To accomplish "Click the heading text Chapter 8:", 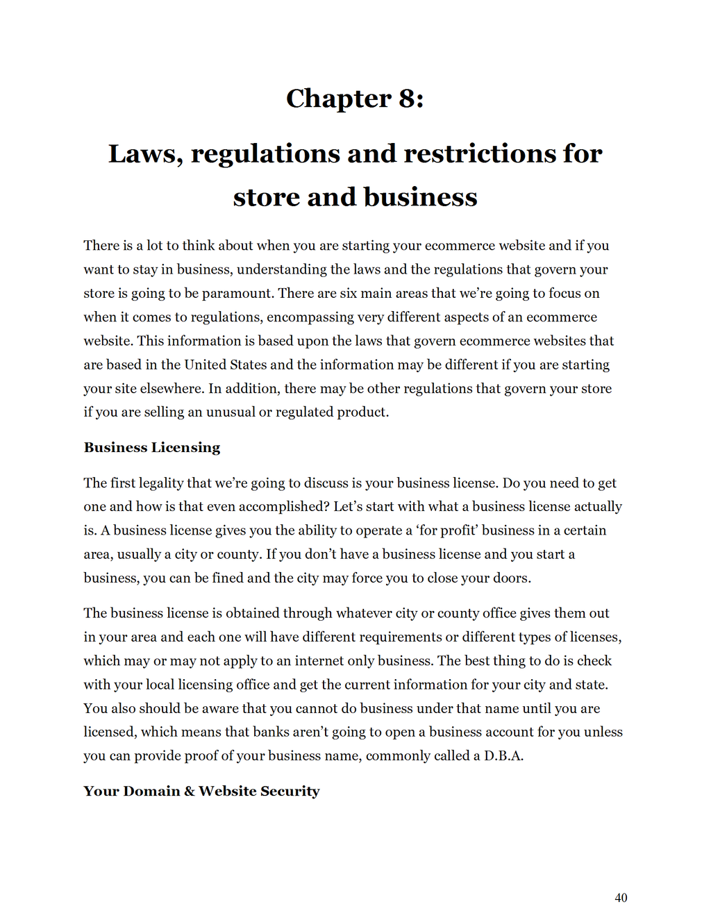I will pyautogui.click(x=355, y=99).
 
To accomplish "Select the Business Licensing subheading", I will pyautogui.click(x=152, y=448).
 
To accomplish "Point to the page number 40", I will pyautogui.click(x=621, y=898).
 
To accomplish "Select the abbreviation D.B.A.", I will pyautogui.click(x=503, y=755).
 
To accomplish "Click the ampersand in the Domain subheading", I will pyautogui.click(x=189, y=792).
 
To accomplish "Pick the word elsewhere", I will pyautogui.click(x=169, y=388).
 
